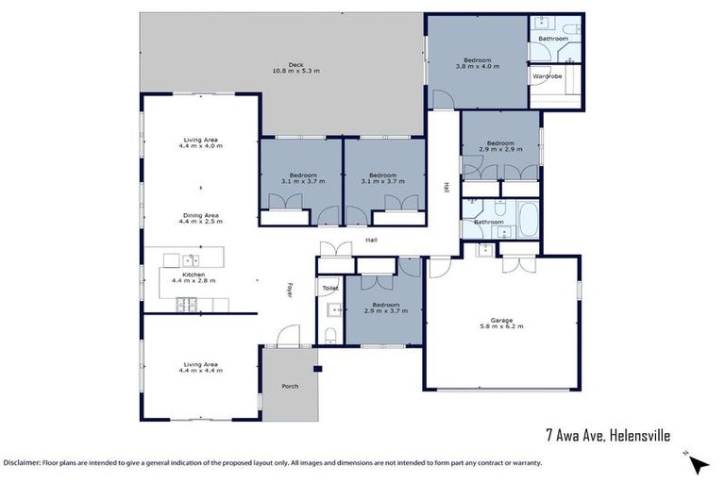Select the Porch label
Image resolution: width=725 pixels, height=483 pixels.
[x=290, y=386]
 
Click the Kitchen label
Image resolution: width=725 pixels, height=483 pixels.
[x=194, y=274]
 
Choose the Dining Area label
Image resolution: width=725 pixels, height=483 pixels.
[x=200, y=215]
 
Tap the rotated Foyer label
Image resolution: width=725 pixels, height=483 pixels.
[x=290, y=291]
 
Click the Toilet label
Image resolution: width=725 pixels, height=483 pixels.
[x=329, y=288]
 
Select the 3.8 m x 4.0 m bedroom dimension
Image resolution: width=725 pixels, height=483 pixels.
[x=474, y=67]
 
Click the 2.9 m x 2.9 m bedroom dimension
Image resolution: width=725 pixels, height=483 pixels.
[x=500, y=149]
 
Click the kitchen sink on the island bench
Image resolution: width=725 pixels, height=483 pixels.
[x=192, y=258]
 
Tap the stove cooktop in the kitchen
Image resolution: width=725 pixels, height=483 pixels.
[x=185, y=303]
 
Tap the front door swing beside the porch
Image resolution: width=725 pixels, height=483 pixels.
[x=289, y=335]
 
